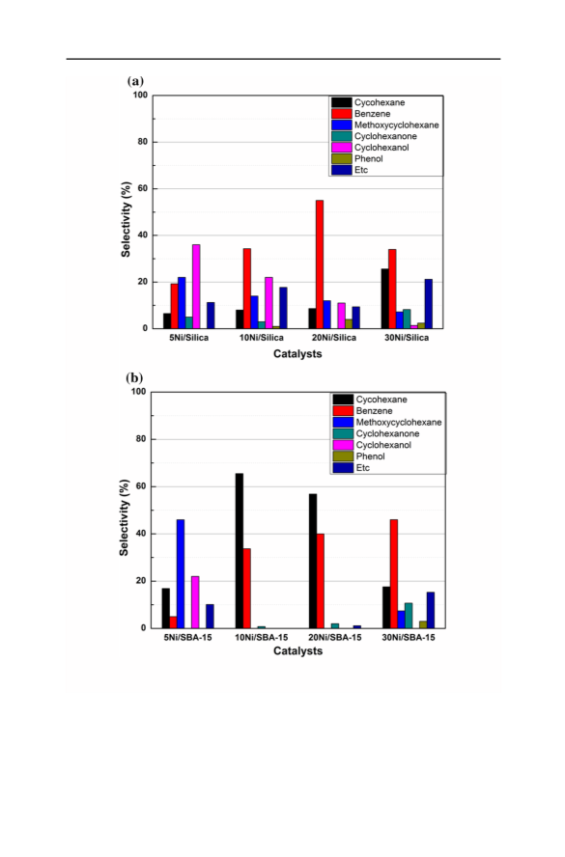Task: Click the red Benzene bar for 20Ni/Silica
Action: [x=320, y=264]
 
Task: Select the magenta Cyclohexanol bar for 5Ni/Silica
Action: [x=196, y=287]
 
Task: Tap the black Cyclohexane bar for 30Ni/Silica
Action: [x=385, y=298]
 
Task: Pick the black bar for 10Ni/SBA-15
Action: [x=240, y=551]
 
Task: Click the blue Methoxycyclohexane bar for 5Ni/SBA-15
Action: [x=181, y=574]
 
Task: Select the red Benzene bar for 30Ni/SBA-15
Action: [x=394, y=574]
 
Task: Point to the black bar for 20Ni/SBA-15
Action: [x=313, y=561]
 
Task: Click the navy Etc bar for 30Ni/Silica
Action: [x=428, y=304]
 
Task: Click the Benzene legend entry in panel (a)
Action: [x=361, y=114]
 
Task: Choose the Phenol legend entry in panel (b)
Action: [x=359, y=456]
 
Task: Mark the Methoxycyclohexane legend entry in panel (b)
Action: [x=387, y=422]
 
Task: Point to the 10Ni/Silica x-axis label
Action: [x=262, y=338]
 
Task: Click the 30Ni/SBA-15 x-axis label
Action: [x=409, y=637]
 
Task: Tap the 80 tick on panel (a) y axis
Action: [x=142, y=142]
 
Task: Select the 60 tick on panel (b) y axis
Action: [x=141, y=486]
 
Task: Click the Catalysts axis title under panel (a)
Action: [x=297, y=353]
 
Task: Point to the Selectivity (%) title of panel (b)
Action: [x=125, y=517]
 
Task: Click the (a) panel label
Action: [x=135, y=81]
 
